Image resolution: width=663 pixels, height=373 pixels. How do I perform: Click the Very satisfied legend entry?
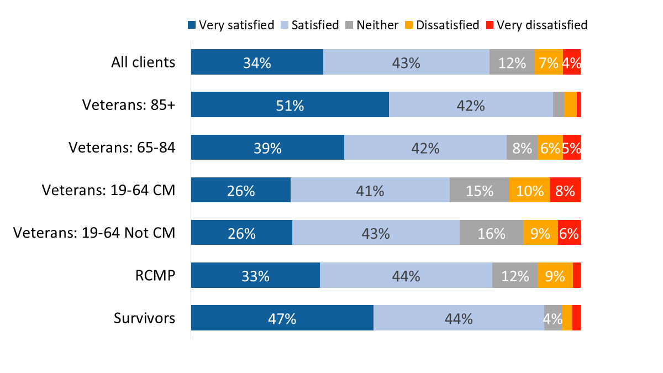tap(231, 25)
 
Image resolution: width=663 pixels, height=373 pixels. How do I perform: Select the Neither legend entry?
tap(371, 25)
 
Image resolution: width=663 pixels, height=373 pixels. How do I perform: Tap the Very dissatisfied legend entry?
tap(536, 25)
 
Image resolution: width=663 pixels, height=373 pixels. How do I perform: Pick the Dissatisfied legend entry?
tap(442, 25)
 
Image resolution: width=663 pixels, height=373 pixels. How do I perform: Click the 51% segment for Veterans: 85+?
tap(290, 104)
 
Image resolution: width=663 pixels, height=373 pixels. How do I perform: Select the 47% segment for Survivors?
tap(282, 318)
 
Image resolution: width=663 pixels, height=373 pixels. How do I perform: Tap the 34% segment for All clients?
tap(257, 62)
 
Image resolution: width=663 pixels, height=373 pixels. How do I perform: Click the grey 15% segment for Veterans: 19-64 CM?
tap(479, 190)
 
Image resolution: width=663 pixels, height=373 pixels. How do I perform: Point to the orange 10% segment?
tap(529, 190)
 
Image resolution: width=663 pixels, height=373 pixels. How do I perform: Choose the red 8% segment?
tap(565, 190)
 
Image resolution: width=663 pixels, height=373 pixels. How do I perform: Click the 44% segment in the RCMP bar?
tap(406, 275)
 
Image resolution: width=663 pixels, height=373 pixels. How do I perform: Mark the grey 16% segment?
tap(491, 233)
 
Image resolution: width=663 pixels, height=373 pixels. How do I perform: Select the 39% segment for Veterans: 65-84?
tap(267, 147)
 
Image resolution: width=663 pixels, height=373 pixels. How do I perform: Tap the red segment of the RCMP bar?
tap(576, 275)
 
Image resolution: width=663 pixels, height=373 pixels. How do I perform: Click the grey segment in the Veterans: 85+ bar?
tap(559, 104)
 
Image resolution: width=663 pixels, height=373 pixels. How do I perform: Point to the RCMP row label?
tap(156, 275)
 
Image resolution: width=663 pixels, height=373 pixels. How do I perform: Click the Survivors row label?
tap(144, 318)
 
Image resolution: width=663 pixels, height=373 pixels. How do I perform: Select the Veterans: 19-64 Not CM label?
tap(94, 233)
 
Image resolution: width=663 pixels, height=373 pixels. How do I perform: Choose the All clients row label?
tap(143, 62)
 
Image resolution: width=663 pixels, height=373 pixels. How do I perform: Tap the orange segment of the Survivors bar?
tap(567, 318)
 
